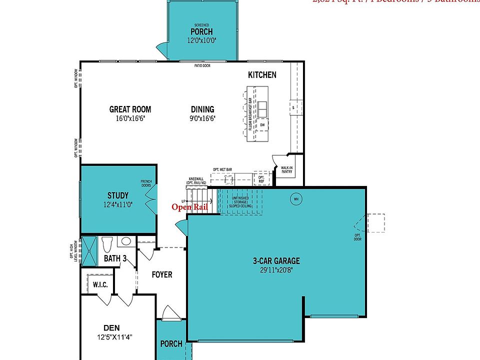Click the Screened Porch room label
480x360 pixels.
[201, 31]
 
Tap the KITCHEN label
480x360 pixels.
[262, 75]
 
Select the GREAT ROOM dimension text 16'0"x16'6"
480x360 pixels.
[130, 118]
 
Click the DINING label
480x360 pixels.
[202, 109]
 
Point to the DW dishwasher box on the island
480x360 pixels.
[261, 125]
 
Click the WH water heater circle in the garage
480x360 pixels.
[296, 199]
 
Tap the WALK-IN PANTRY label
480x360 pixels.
[286, 170]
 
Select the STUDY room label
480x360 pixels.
[118, 195]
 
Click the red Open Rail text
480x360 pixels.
[189, 207]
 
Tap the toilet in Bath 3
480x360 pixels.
[106, 245]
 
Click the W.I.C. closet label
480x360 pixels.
[100, 284]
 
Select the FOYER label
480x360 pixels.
[161, 274]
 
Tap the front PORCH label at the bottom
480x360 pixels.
[171, 344]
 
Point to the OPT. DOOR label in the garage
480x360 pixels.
[357, 237]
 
